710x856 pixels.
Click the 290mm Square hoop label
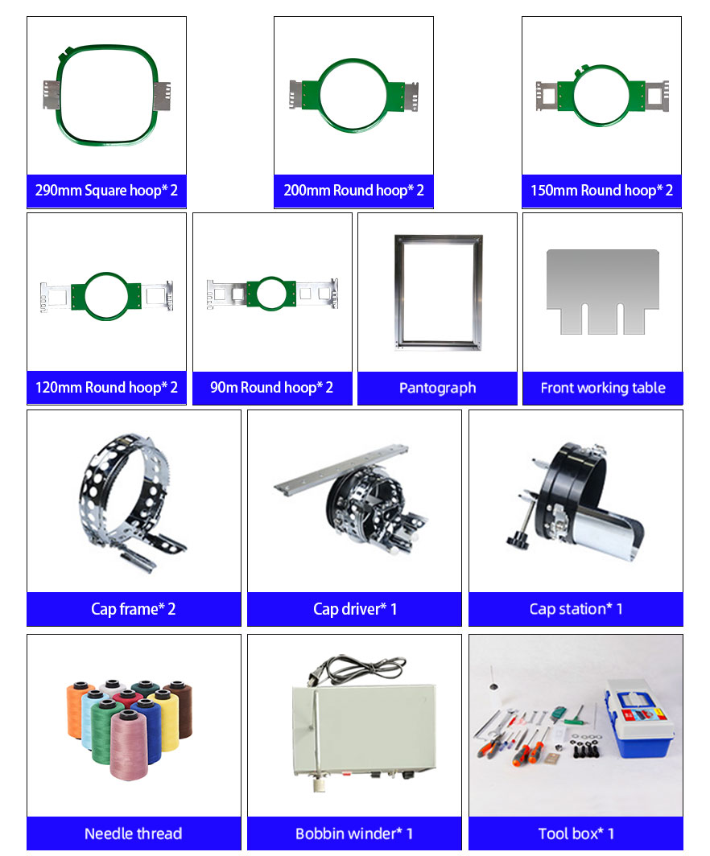click(x=106, y=191)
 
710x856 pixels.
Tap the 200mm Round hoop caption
click(x=353, y=191)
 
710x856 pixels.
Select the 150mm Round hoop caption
click(x=601, y=191)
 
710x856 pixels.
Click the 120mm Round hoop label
click(x=106, y=388)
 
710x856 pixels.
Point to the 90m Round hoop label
click(x=271, y=388)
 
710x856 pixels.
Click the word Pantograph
click(x=437, y=388)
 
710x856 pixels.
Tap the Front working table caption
click(x=603, y=388)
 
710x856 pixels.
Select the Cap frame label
click(x=133, y=609)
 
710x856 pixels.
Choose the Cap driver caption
click(x=354, y=609)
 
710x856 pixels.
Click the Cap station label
click(x=576, y=609)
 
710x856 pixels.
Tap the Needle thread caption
click(x=133, y=833)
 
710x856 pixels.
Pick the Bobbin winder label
click(x=354, y=833)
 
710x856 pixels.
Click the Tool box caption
click(x=576, y=833)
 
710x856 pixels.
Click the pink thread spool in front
click(x=129, y=745)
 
